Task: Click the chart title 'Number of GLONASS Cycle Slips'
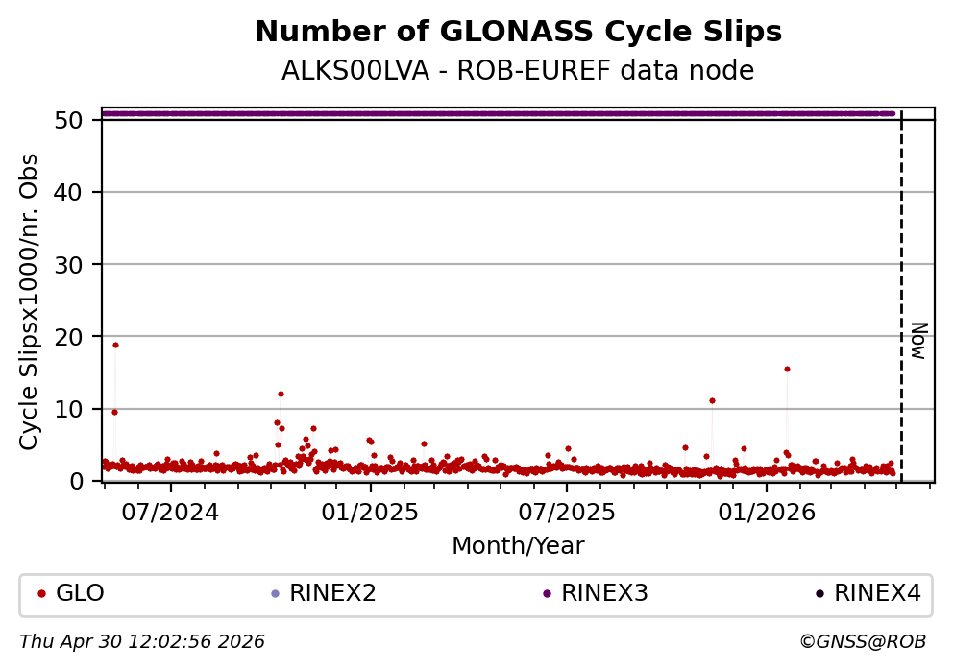click(518, 33)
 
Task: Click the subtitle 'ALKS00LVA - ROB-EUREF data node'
click(518, 72)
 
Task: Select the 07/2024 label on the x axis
click(170, 511)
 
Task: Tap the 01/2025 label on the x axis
click(370, 511)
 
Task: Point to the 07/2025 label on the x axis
click(566, 511)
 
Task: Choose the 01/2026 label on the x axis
click(766, 511)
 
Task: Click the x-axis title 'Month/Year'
click(518, 546)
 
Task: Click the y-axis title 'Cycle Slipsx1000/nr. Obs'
click(30, 301)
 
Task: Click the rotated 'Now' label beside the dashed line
click(918, 340)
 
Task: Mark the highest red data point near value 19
click(115, 345)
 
